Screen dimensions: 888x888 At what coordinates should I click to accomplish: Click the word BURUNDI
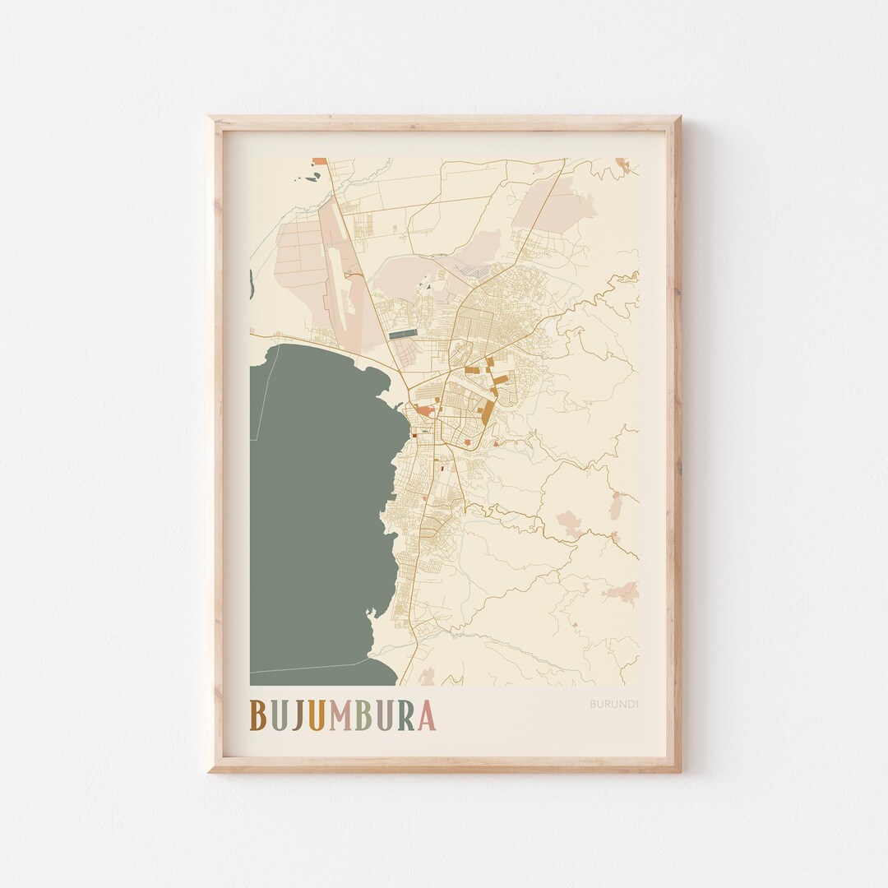pyautogui.click(x=613, y=704)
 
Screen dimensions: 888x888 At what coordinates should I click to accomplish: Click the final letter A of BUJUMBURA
pyautogui.click(x=426, y=715)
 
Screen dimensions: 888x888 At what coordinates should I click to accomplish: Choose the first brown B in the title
pyautogui.click(x=257, y=715)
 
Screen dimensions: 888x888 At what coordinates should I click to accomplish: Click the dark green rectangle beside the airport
pyautogui.click(x=403, y=335)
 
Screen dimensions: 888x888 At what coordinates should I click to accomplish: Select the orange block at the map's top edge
pyautogui.click(x=319, y=161)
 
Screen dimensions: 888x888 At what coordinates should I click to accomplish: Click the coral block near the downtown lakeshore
pyautogui.click(x=423, y=409)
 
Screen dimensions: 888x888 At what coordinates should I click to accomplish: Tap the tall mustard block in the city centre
pyautogui.click(x=488, y=411)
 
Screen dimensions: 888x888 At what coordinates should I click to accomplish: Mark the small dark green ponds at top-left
pyautogui.click(x=313, y=176)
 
